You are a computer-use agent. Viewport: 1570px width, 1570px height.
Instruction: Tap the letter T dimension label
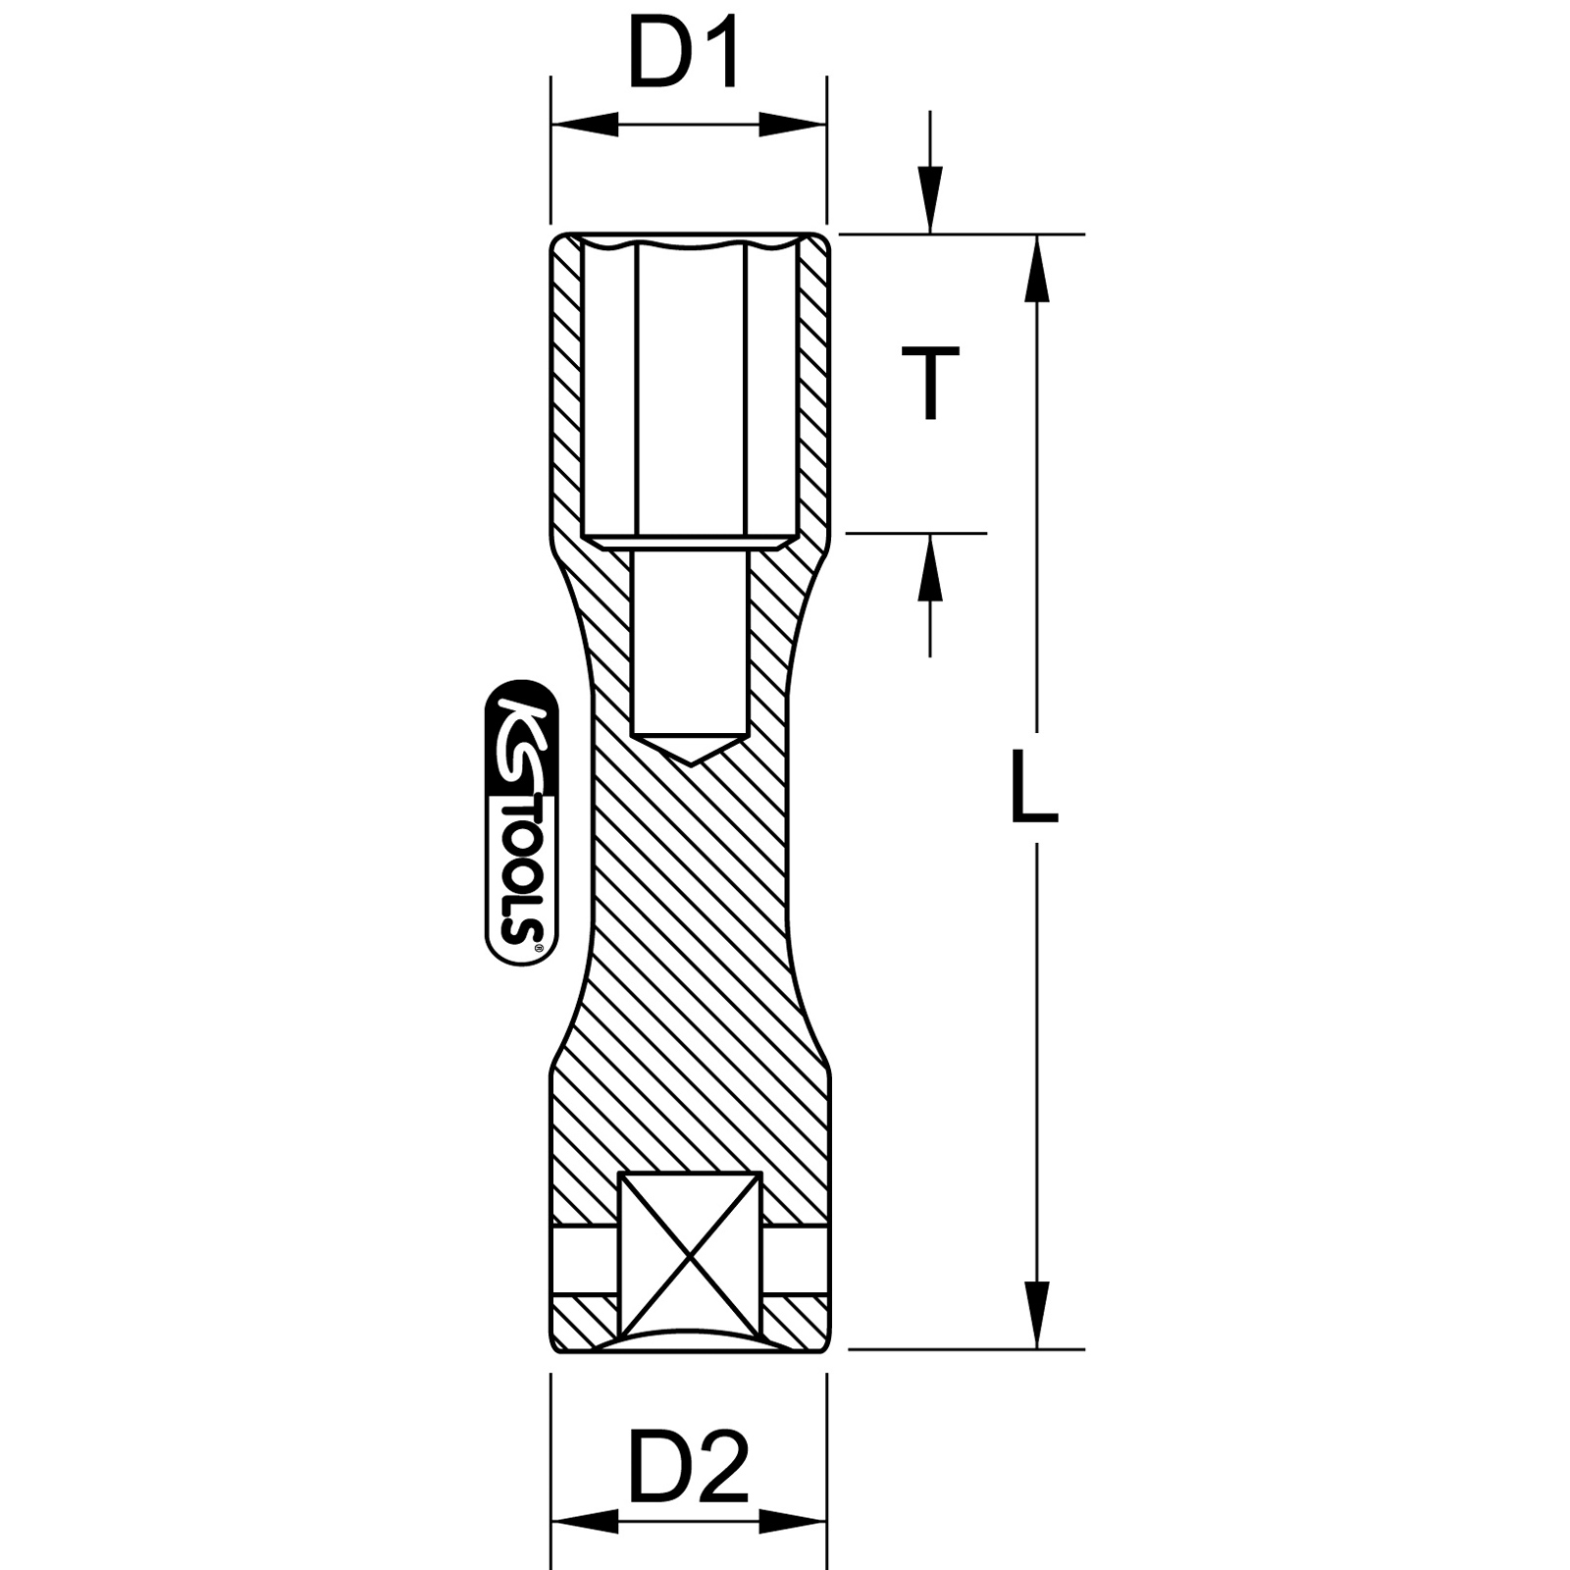point(929,383)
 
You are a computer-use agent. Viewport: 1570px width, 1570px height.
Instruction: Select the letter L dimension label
point(1033,788)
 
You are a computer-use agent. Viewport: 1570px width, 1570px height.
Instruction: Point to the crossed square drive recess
point(691,1256)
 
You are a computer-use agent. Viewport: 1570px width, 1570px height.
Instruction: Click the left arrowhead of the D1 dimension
point(586,125)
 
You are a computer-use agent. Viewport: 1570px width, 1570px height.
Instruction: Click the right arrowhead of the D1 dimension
point(793,125)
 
